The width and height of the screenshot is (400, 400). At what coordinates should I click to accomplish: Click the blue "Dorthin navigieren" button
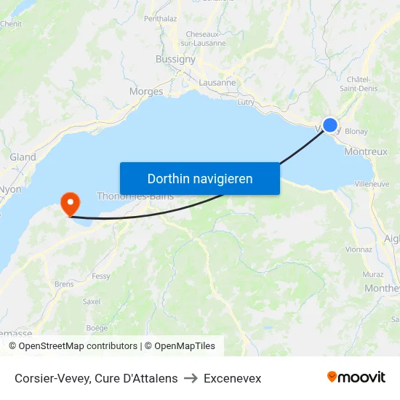[199, 178]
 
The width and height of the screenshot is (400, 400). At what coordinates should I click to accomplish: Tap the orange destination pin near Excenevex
[71, 202]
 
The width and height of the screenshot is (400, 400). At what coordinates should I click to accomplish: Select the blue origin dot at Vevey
[330, 125]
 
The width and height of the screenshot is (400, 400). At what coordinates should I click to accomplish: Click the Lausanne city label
[217, 83]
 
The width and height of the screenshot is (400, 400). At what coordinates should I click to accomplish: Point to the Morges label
[145, 92]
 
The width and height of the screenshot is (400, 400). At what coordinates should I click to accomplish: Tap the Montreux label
[366, 152]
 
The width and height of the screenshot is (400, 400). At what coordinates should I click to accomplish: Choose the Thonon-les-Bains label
[135, 196]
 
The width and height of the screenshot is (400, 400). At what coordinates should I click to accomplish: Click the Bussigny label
[175, 59]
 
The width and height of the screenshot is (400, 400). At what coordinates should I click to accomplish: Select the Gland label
[23, 157]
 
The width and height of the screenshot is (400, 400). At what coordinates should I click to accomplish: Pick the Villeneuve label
[372, 184]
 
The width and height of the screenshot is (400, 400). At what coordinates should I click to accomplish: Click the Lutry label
[246, 102]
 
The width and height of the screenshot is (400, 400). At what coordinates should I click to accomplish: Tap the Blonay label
[356, 132]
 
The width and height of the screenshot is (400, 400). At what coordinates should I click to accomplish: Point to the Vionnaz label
[359, 249]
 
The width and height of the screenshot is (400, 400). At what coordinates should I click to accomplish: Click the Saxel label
[92, 301]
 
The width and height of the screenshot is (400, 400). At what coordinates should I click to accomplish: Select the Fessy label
[101, 276]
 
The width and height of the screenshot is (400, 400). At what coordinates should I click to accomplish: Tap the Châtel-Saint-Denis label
[358, 84]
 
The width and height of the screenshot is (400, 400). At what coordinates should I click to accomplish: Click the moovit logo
[356, 377]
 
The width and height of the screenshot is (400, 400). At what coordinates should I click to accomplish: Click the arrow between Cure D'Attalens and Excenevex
[191, 378]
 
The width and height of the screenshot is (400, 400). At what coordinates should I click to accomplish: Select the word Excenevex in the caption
[232, 378]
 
